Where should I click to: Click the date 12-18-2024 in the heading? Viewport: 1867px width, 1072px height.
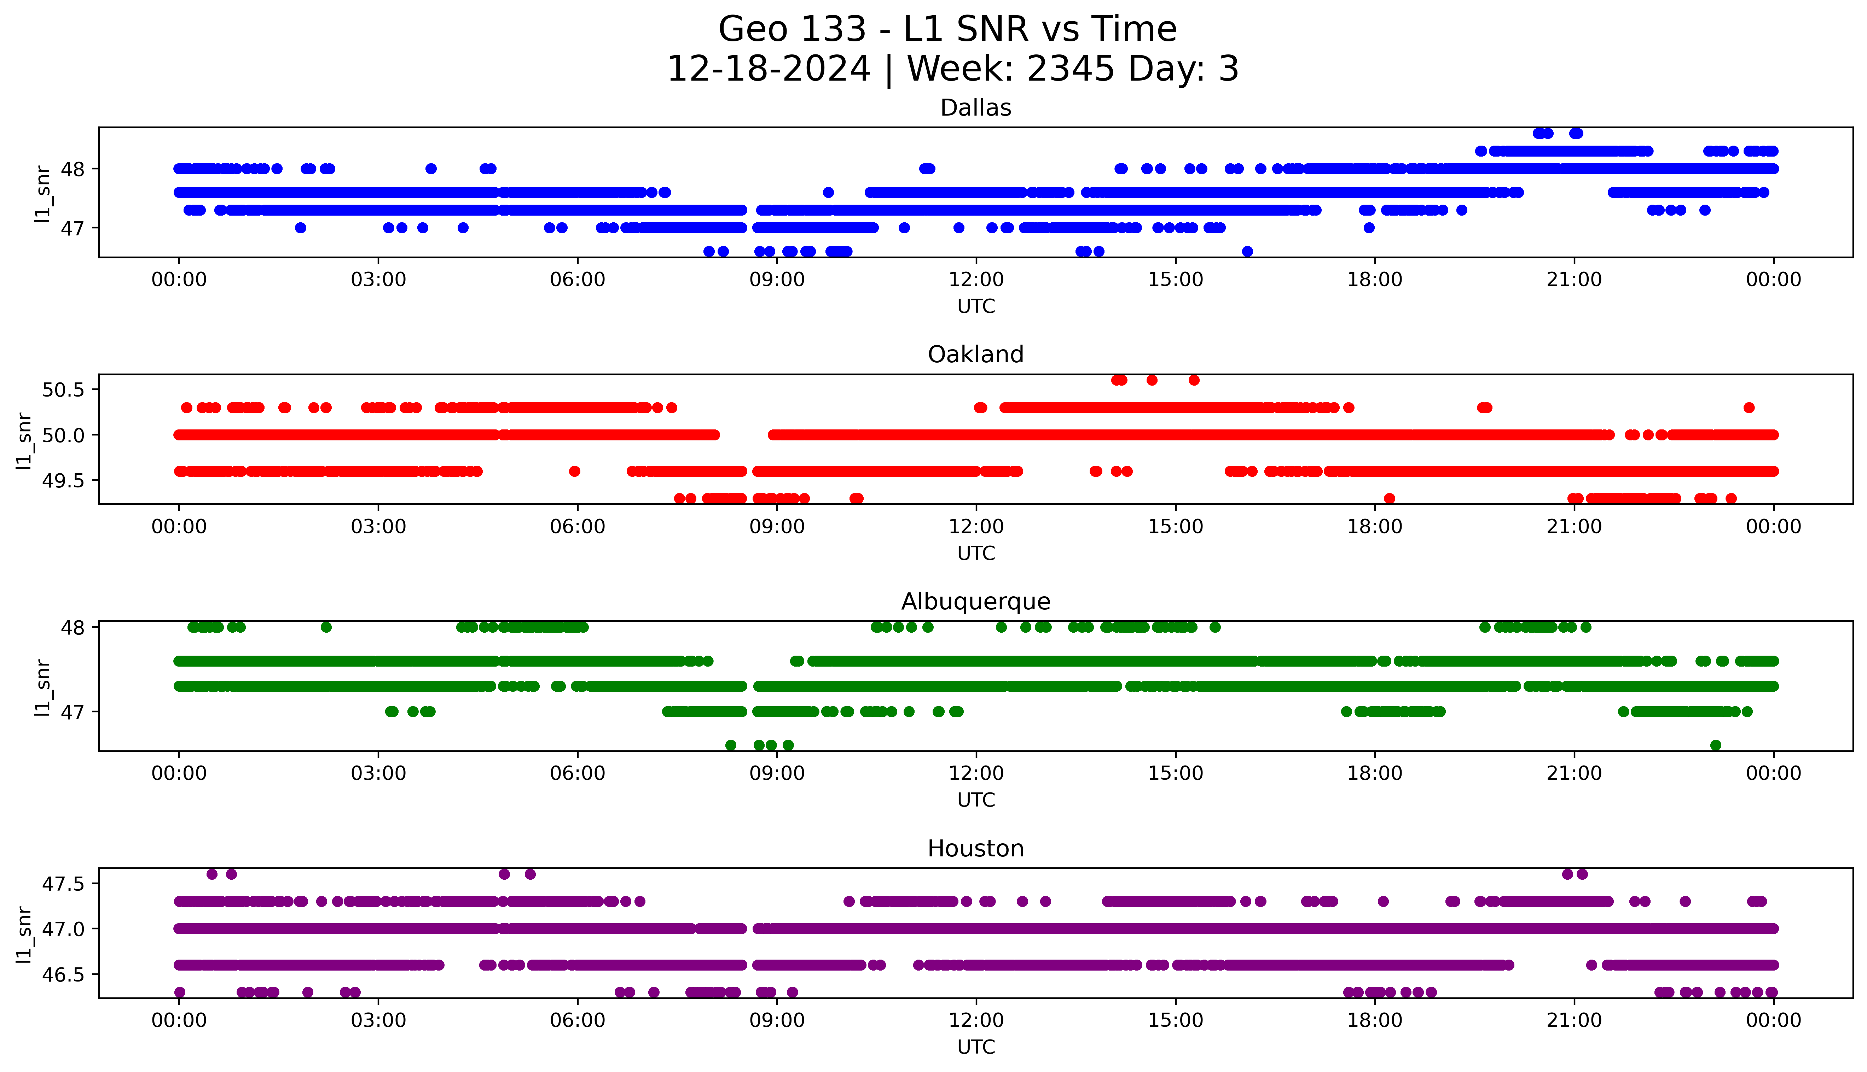pos(768,69)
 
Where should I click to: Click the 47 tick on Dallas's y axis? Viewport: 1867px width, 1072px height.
pos(73,228)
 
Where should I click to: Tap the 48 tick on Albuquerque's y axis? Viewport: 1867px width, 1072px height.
pos(73,627)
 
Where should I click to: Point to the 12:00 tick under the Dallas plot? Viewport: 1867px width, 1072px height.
pos(976,280)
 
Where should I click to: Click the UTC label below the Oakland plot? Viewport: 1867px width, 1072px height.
pos(976,553)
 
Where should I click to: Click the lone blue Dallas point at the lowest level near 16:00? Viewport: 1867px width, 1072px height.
pos(1247,252)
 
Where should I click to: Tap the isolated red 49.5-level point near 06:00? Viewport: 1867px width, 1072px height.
pos(574,471)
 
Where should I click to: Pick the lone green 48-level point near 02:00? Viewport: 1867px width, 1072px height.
pos(326,627)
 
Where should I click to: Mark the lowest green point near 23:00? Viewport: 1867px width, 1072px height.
pos(1715,745)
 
